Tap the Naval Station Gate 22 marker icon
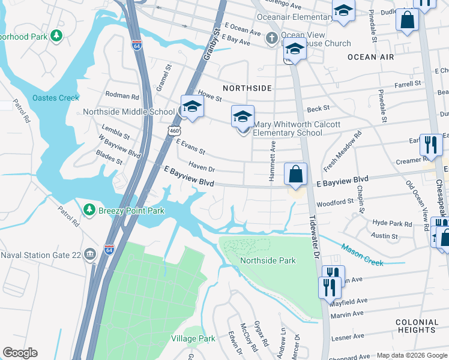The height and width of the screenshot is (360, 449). [x=89, y=254]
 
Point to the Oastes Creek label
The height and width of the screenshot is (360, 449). [x=56, y=98]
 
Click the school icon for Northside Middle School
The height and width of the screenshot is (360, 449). [x=192, y=107]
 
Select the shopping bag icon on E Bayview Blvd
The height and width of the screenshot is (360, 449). [x=295, y=175]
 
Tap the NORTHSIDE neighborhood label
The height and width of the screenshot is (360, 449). [x=247, y=88]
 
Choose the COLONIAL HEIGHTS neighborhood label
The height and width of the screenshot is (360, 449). [x=417, y=326]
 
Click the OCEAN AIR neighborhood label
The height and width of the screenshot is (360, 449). [x=370, y=57]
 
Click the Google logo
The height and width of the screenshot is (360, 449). [x=20, y=353]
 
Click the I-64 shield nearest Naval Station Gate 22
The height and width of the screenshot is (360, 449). [x=109, y=249]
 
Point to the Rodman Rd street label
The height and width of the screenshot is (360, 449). [x=122, y=95]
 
